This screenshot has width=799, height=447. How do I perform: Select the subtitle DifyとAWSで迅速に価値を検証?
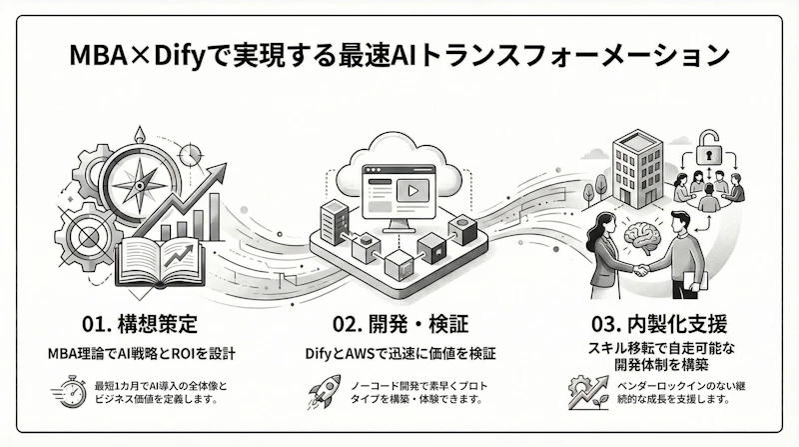tap(399, 352)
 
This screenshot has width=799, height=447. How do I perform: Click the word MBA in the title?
tap(103, 55)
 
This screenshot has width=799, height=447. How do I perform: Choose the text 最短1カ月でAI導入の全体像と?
tap(160, 383)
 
